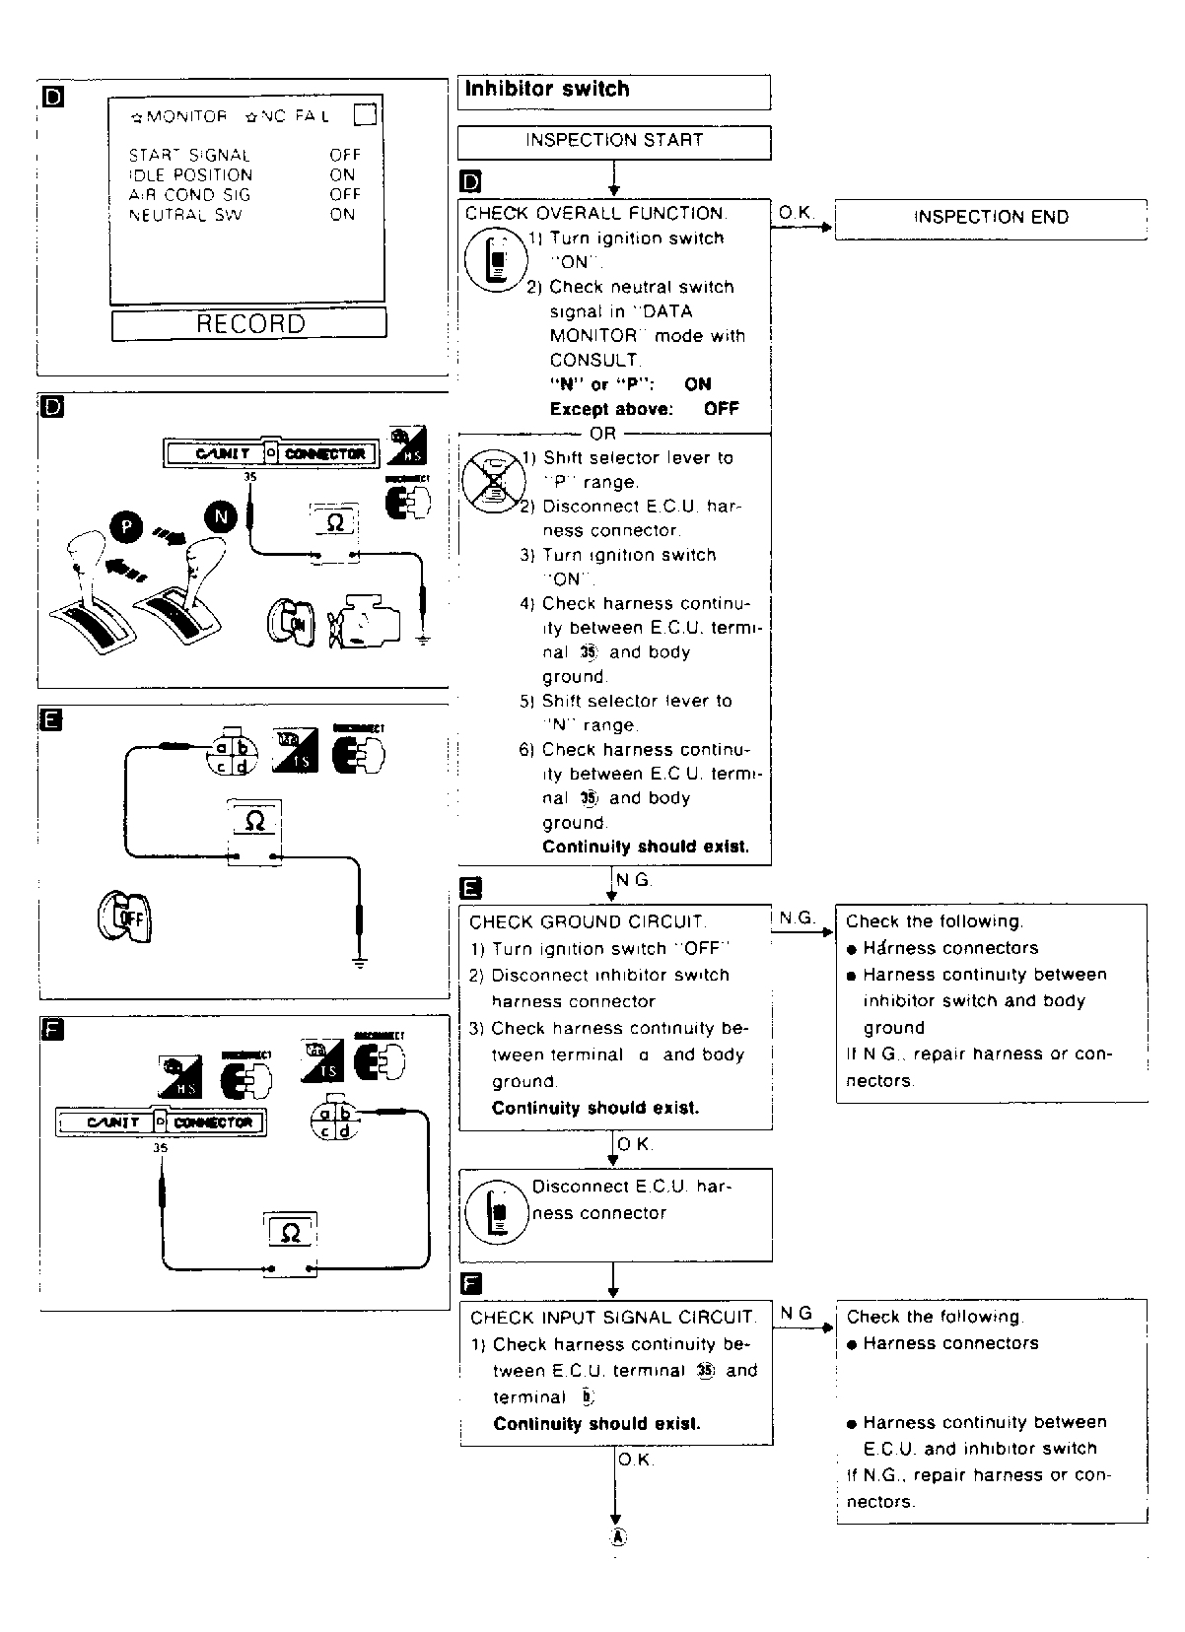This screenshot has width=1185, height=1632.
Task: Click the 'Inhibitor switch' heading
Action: click(x=547, y=90)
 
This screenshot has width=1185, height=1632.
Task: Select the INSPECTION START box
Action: click(x=613, y=141)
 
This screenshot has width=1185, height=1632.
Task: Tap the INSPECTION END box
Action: click(x=991, y=218)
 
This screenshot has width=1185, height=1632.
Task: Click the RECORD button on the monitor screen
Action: click(x=249, y=324)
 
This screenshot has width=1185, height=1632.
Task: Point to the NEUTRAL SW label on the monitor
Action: click(x=185, y=215)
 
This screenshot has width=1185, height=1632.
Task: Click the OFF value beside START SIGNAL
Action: click(x=345, y=155)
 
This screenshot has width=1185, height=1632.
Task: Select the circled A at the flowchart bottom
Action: click(x=617, y=1537)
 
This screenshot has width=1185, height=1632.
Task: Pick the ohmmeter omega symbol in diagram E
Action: click(x=254, y=820)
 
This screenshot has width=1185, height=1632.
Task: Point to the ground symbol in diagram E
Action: click(x=360, y=961)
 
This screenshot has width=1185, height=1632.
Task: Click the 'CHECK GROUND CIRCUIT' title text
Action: click(x=588, y=922)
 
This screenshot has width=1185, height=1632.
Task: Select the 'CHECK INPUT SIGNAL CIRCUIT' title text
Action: click(x=612, y=1318)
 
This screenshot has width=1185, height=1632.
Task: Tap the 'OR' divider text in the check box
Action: click(x=602, y=434)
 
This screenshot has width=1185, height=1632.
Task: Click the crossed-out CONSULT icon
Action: click(x=490, y=481)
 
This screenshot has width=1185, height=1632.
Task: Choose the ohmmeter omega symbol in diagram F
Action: click(x=290, y=1232)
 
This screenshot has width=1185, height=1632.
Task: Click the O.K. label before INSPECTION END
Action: click(x=796, y=213)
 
